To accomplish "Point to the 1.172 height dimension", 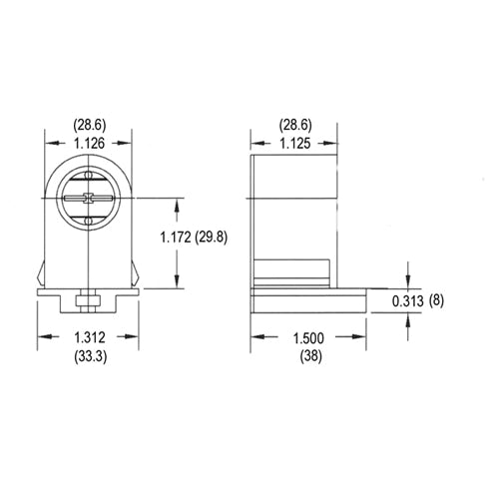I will point(183,238).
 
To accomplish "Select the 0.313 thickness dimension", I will point(409,301).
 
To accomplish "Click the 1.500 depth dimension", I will point(308,337).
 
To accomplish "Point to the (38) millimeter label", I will point(308,355).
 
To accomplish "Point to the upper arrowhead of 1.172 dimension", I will point(178,203).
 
